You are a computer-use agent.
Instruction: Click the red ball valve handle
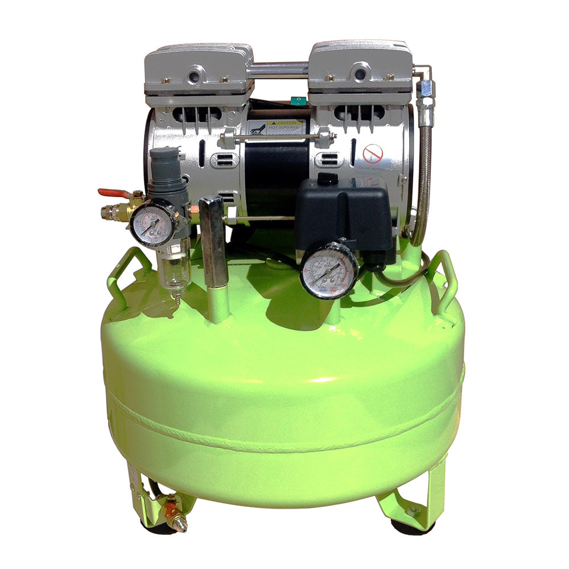click(x=110, y=193)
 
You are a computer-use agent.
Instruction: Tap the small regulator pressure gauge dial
click(x=152, y=225)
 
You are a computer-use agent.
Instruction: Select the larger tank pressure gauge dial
click(x=328, y=270)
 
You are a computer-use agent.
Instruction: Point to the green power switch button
click(x=296, y=101)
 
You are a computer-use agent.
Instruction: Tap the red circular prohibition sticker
click(x=373, y=152)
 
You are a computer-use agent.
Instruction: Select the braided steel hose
click(x=423, y=182)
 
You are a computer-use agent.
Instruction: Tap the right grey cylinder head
click(x=360, y=71)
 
